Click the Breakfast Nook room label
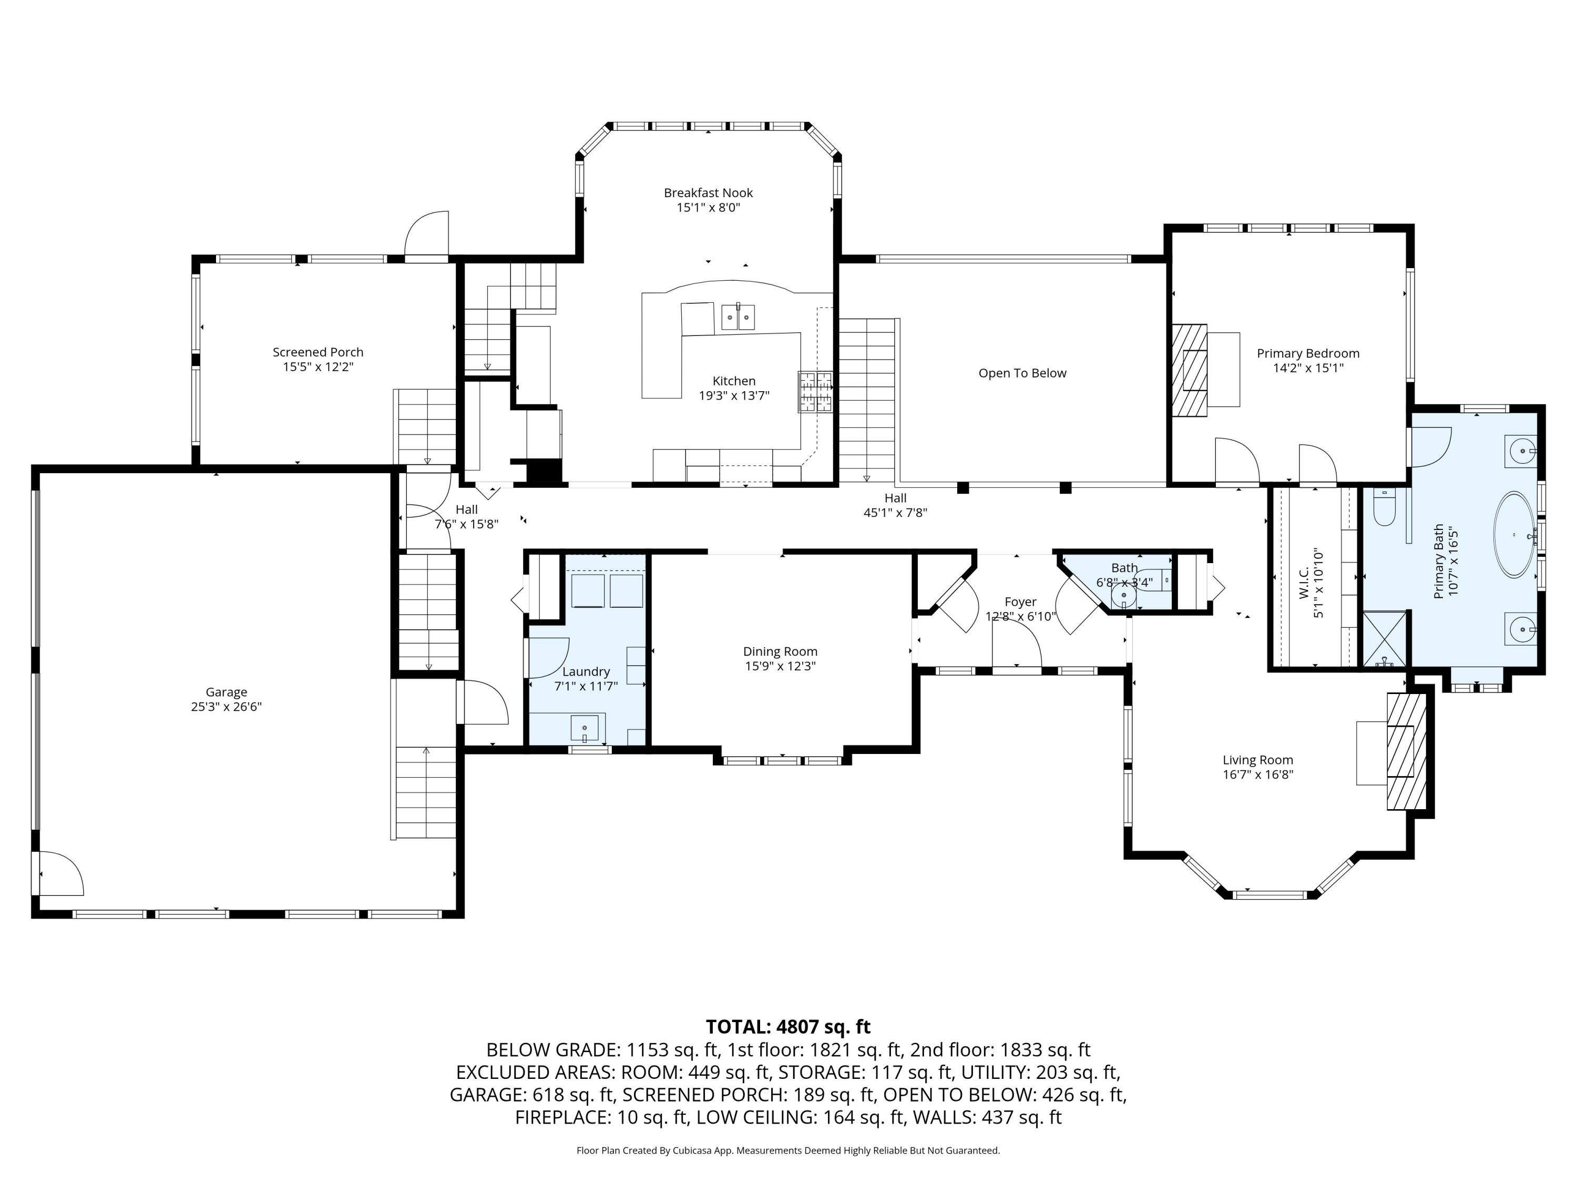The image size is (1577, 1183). [x=708, y=192]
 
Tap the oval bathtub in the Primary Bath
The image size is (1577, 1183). [x=1514, y=534]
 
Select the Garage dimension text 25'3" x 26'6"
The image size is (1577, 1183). [x=226, y=707]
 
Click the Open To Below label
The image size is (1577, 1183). [x=1021, y=373]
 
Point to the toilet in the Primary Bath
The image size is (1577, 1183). [x=1384, y=509]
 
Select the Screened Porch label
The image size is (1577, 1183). [x=318, y=352]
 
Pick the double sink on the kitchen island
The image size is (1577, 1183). [x=737, y=316]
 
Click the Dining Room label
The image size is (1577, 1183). [x=780, y=651]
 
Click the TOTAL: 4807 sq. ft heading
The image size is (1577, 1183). [x=788, y=1027]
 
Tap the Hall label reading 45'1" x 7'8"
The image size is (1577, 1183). [x=895, y=512]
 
